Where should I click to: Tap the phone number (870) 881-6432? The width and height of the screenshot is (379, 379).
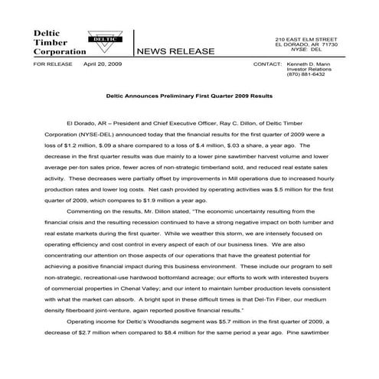[305, 74]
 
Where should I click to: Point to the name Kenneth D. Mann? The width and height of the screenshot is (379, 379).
[311, 64]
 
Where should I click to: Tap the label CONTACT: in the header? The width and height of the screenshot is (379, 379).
[267, 64]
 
